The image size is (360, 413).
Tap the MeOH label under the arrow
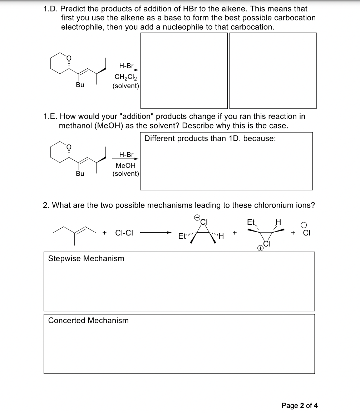pos(126,166)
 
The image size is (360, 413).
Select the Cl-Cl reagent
pos(124,233)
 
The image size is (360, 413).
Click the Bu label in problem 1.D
pos(80,85)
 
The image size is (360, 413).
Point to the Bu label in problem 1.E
pos(80,174)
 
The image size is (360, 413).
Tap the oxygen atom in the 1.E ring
pos(69,146)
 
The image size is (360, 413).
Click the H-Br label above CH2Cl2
pos(126,66)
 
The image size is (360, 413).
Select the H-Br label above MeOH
pos(126,155)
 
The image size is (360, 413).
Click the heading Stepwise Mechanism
pos(86,258)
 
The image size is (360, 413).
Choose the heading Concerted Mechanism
pos(88,320)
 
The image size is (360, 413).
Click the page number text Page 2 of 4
pos(300,405)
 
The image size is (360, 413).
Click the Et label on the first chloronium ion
pos(182,236)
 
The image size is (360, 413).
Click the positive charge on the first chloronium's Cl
pos(197,217)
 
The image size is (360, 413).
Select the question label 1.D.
pos(51,9)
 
